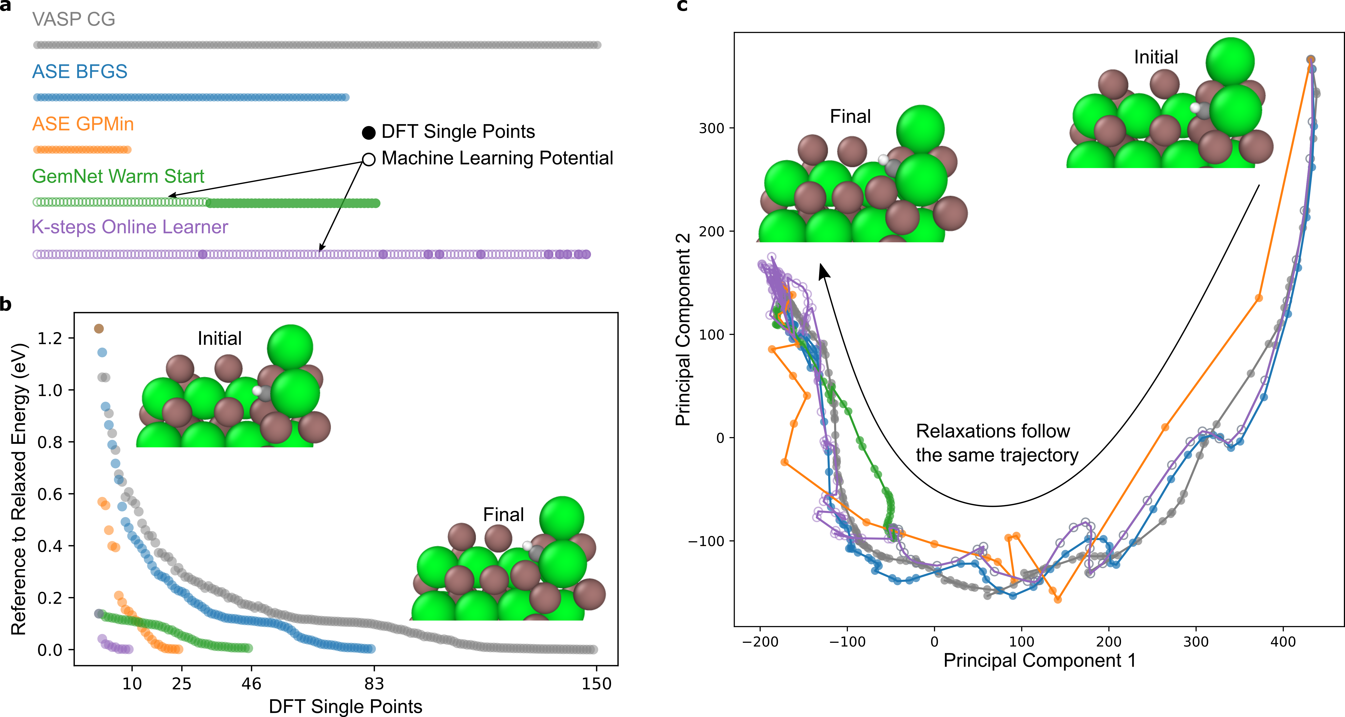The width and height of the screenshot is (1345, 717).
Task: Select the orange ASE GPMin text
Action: pyautogui.click(x=83, y=124)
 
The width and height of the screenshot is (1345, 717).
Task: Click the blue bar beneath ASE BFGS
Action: pyautogui.click(x=191, y=98)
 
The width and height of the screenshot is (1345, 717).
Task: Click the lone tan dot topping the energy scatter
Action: pyautogui.click(x=99, y=328)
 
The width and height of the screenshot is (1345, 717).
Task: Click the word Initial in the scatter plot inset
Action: pyautogui.click(x=219, y=339)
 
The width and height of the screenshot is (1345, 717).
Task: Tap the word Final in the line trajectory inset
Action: pyautogui.click(x=850, y=116)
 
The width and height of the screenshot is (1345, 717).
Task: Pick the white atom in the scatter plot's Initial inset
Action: pyautogui.click(x=257, y=390)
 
